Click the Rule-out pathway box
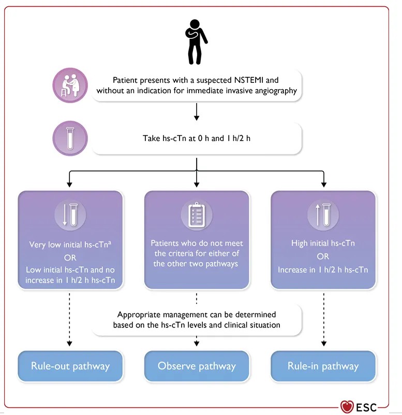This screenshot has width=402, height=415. point(70,366)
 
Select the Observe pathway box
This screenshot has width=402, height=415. point(197,366)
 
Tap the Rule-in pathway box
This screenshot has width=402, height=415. point(323,366)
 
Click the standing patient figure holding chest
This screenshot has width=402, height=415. point(196,42)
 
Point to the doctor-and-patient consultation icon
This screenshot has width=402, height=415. point(70,85)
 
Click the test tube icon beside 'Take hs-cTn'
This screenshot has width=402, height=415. point(70,138)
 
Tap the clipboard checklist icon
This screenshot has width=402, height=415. point(197,214)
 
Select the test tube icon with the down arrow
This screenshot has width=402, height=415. point(70,214)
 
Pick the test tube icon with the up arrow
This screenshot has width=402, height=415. point(323,214)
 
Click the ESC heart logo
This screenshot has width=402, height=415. point(347,406)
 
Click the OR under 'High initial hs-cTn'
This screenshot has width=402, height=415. point(323,256)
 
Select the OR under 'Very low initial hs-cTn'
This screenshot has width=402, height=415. point(70,257)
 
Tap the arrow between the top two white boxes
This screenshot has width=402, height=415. point(197,112)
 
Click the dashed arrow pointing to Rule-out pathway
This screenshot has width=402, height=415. point(69,320)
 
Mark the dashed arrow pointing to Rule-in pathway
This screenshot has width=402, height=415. point(324,320)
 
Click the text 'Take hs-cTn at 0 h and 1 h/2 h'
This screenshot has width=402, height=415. point(197,138)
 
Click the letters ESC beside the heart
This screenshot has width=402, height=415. point(366,408)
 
